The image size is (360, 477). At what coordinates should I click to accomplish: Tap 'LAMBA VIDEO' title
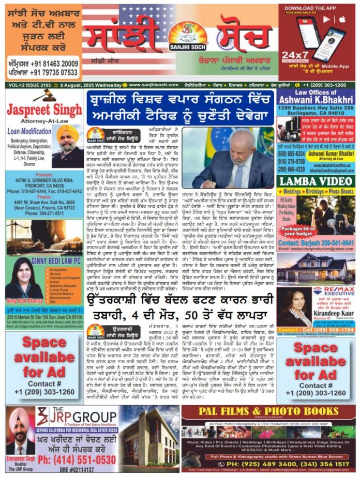316,181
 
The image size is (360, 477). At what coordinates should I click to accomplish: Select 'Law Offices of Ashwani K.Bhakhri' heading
316,97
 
